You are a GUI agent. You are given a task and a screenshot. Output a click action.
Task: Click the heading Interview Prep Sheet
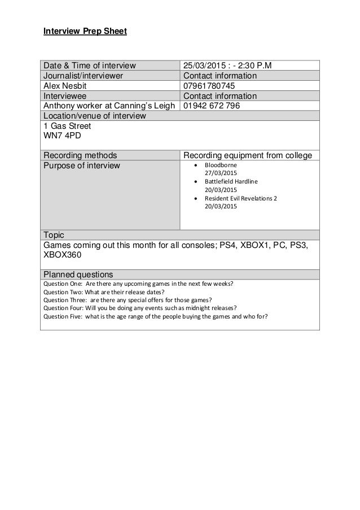85,31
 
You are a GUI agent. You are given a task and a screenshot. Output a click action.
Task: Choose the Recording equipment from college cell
248,155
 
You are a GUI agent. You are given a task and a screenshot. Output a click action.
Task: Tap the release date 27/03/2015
221,173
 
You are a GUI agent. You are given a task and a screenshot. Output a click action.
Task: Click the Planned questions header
78,274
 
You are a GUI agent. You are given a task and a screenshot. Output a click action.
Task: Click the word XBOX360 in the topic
62,255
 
